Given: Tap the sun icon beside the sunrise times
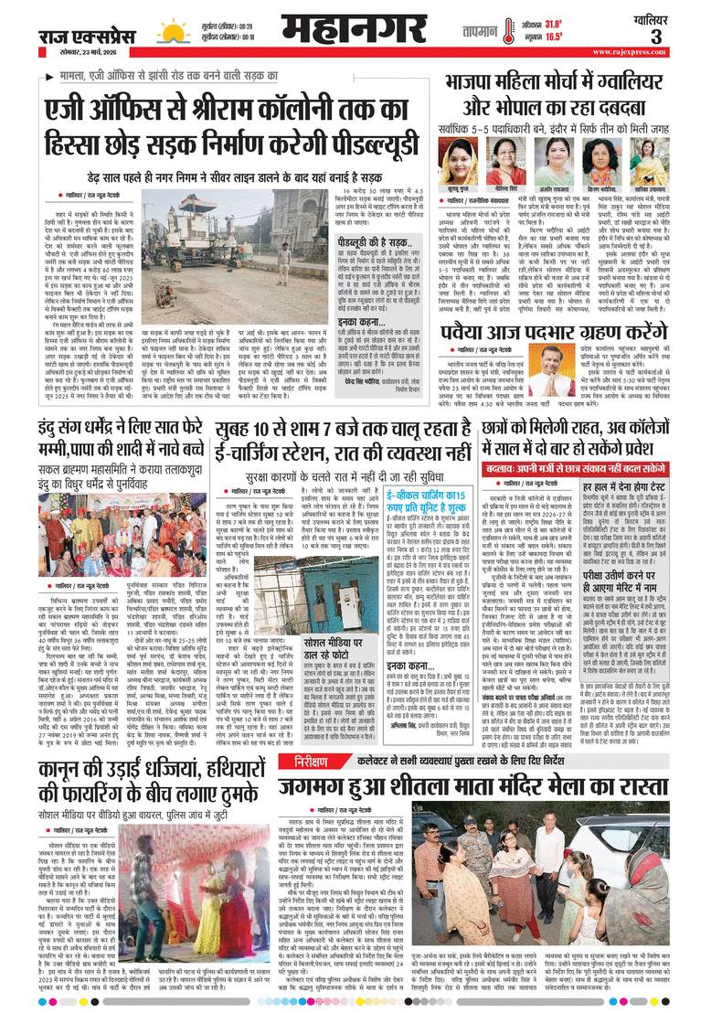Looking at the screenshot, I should point(173,30).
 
